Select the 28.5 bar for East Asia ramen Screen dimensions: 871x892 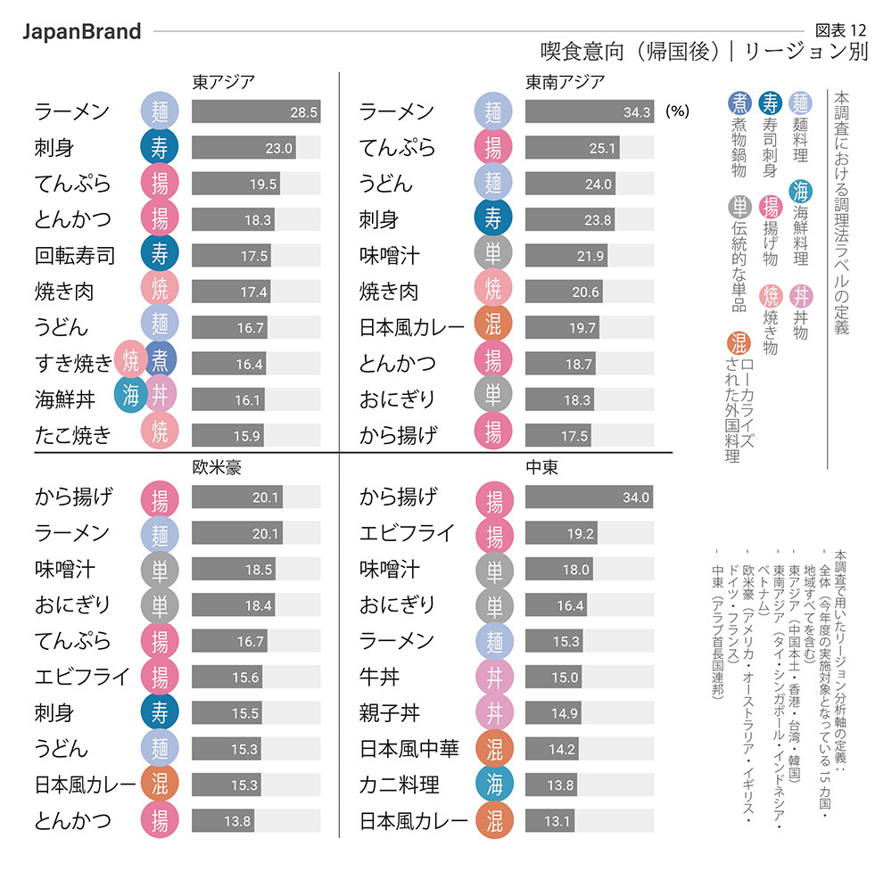[x=255, y=111]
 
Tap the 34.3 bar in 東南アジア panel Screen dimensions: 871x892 [x=589, y=111]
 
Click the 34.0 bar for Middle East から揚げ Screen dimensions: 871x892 [x=589, y=497]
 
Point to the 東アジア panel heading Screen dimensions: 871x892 [x=224, y=82]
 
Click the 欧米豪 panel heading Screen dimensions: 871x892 [x=217, y=467]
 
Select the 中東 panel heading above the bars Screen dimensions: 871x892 [x=542, y=467]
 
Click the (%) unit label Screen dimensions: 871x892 [x=678, y=112]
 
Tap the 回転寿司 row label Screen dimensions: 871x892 [x=75, y=256]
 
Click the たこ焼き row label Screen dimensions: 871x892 [x=73, y=435]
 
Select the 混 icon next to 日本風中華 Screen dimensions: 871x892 [x=493, y=749]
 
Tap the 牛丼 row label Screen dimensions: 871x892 [x=379, y=677]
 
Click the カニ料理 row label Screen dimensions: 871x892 [x=400, y=785]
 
